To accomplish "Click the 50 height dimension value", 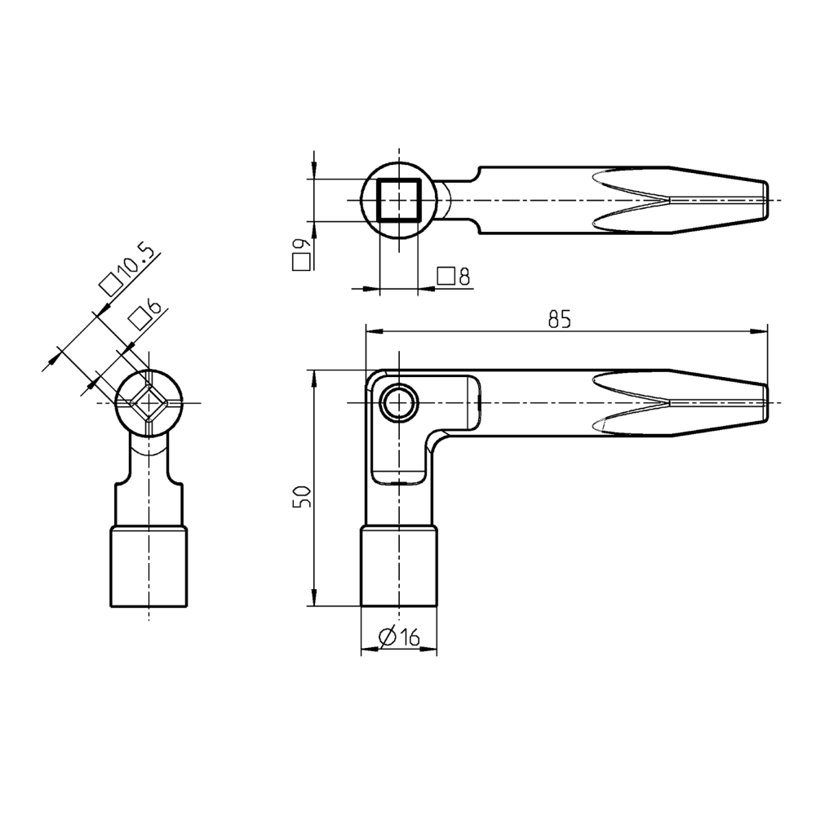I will (303, 496).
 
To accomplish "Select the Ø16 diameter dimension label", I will (399, 637).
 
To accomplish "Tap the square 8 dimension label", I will (454, 277).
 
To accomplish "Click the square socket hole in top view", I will (398, 200).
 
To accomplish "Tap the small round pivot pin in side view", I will (398, 403).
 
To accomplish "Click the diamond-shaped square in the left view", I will (149, 403).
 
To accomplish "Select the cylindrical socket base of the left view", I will (149, 567).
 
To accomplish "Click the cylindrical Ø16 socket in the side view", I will (398, 567).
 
